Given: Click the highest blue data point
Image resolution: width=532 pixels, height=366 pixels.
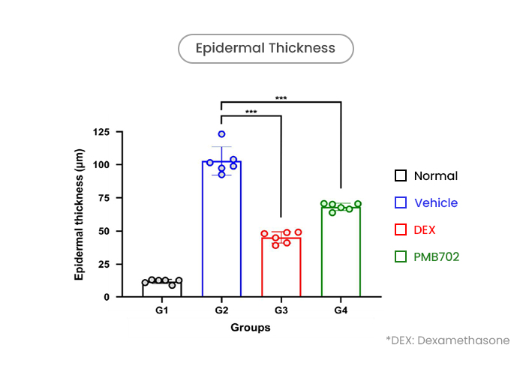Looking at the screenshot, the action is tap(221, 134).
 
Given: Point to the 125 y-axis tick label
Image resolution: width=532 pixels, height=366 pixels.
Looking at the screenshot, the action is tap(101, 131).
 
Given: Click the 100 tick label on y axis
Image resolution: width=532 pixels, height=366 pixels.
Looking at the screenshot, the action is tap(101, 165).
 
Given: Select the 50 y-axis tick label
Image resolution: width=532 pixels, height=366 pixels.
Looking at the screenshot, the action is tap(104, 231).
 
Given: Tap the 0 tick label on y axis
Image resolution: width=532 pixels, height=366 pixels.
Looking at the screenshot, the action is tap(107, 297).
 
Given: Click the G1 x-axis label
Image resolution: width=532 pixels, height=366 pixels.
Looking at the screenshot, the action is tap(162, 310).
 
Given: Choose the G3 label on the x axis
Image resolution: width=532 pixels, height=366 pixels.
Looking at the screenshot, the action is tap(281, 310).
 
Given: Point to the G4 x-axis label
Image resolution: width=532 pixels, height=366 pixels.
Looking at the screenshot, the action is tap(341, 310).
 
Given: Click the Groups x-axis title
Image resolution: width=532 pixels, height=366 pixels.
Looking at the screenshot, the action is tap(251, 327).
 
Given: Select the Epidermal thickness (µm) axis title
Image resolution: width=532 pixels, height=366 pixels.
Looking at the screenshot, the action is tap(79, 214).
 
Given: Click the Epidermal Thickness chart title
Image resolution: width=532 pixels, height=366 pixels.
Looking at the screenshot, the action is tap(266, 48).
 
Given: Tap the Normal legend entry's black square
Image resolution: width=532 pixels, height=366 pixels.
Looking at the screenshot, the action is tap(401, 175).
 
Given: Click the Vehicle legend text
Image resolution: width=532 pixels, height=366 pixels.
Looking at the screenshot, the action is tap(436, 202).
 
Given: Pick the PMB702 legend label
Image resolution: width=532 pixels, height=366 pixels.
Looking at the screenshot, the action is tap(436, 256).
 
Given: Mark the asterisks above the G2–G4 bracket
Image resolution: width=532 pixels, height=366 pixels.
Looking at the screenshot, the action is tap(281, 98).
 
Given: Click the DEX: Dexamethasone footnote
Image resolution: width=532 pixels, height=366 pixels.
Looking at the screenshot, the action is tap(448, 340).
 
